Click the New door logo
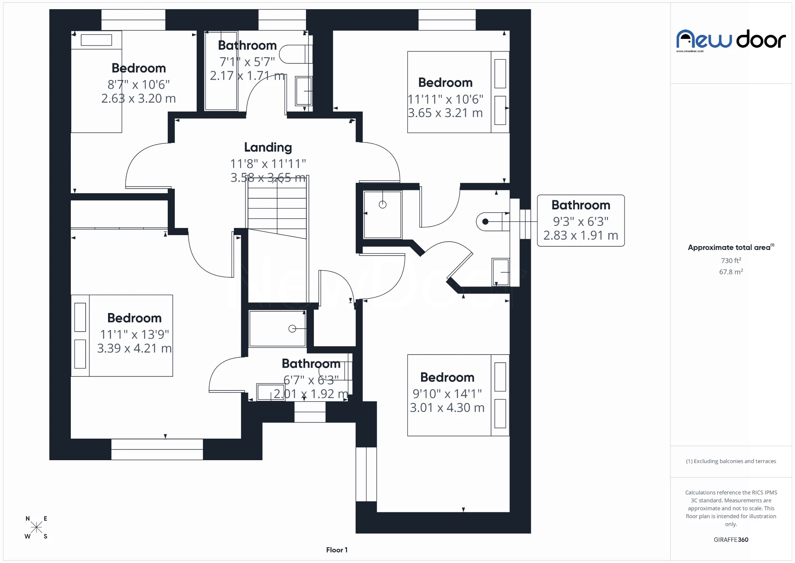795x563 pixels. tap(731, 40)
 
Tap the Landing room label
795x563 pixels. tap(268, 147)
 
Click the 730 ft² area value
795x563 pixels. tap(731, 260)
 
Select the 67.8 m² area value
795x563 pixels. tap(731, 272)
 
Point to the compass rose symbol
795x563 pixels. tap(36, 527)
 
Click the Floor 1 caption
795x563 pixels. tap(337, 550)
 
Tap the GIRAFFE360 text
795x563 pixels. tap(731, 539)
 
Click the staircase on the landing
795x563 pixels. tap(277, 207)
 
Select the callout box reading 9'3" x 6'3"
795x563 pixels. tap(581, 221)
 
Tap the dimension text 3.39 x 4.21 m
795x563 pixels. tap(134, 348)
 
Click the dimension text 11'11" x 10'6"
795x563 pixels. tap(446, 99)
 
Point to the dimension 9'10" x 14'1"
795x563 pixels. tap(447, 393)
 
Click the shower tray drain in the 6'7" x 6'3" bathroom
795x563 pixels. tap(292, 329)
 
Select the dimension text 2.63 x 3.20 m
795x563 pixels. tap(138, 99)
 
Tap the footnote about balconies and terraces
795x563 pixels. tap(731, 461)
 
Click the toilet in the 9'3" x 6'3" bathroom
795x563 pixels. tap(491, 222)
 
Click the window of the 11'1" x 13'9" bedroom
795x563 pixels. tap(157, 449)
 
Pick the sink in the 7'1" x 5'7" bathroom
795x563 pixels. tap(304, 91)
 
